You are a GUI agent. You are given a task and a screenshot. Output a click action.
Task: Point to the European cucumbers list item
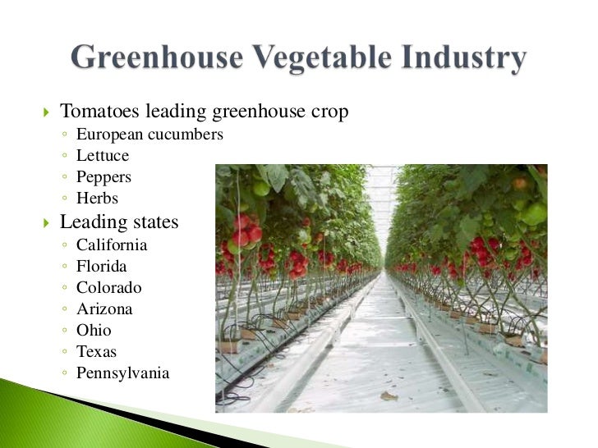tap(149, 134)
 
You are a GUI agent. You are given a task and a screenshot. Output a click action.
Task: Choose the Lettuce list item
tap(103, 155)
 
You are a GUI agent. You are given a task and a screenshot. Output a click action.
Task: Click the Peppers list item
tap(103, 177)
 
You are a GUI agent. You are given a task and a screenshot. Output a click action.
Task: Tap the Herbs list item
tap(97, 199)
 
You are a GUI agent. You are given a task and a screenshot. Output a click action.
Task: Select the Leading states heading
tap(119, 222)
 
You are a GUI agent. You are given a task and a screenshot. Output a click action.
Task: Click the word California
tap(112, 245)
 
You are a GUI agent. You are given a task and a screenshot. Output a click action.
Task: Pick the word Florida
tap(102, 266)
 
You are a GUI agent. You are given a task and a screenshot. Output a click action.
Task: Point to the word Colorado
tap(108, 288)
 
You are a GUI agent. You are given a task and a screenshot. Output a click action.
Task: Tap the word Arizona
tap(104, 309)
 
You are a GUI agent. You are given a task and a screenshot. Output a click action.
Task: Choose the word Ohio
tap(94, 331)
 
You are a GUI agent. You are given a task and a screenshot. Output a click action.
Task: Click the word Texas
tap(96, 352)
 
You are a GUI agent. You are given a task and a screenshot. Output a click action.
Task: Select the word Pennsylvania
tap(122, 373)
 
